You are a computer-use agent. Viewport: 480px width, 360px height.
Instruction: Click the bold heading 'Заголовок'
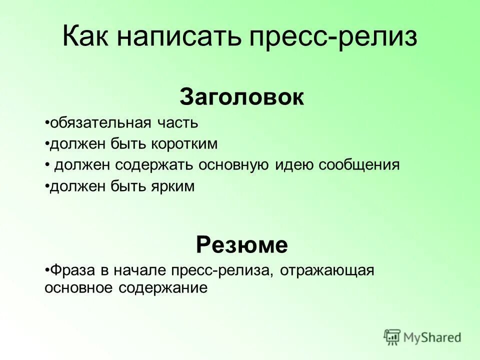(241, 97)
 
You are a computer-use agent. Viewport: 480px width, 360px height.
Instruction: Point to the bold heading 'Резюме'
(241, 245)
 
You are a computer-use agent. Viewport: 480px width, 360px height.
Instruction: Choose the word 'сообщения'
(360, 165)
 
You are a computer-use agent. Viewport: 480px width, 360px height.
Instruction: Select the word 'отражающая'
(327, 270)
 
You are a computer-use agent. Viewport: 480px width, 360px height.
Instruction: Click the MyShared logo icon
(392, 337)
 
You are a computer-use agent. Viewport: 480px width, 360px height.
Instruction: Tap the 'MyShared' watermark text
(432, 337)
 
